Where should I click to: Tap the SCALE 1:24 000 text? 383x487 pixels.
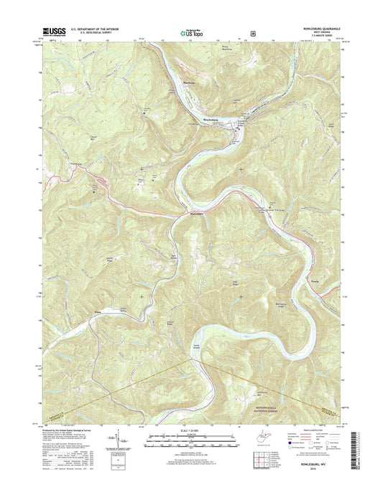pyautogui.click(x=190, y=431)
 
